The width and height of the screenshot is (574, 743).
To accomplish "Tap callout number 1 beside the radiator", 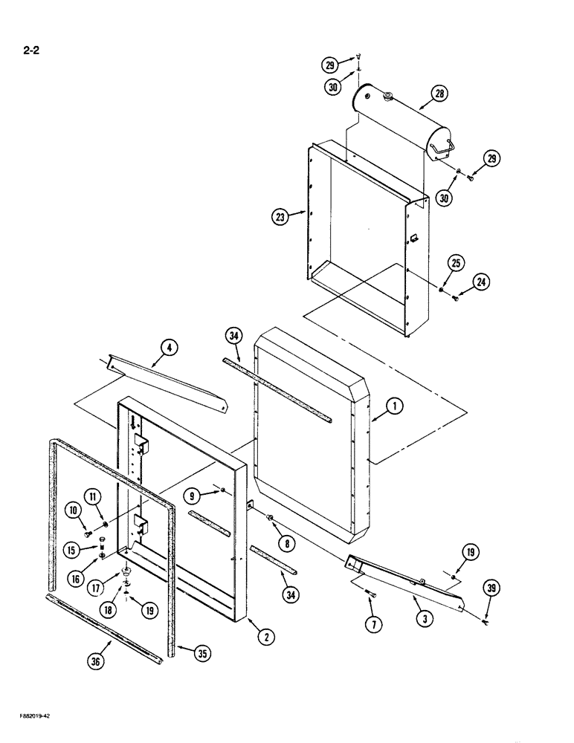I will click(394, 406).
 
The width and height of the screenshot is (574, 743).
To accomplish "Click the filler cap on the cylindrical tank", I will click(387, 97).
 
